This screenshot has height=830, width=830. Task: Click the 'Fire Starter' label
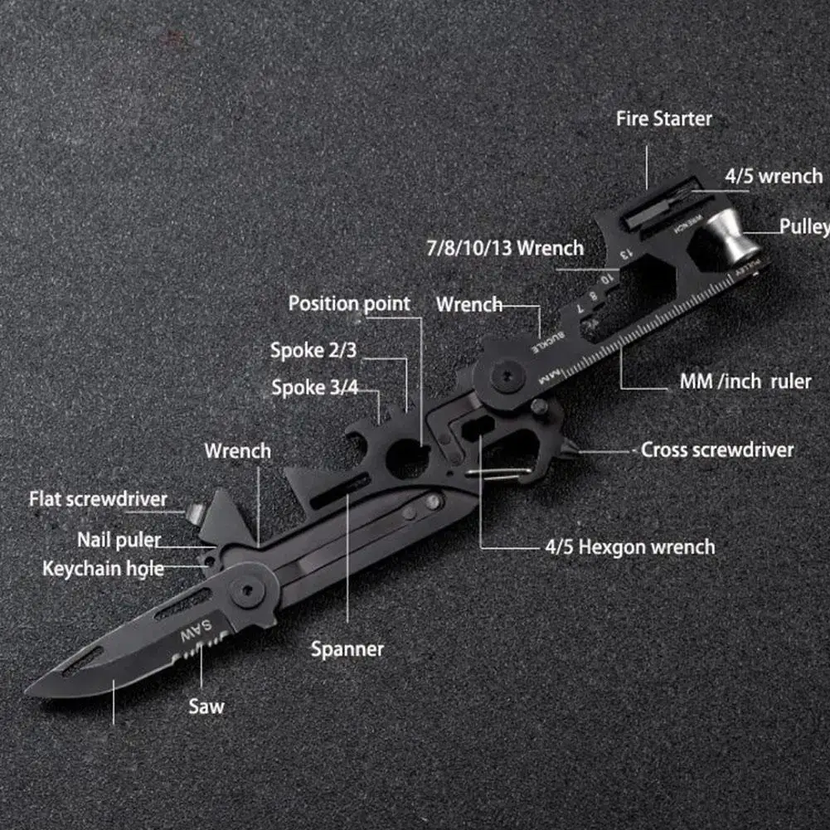click(663, 119)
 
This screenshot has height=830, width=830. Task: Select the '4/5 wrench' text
click(773, 176)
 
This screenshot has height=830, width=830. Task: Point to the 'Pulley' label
click(803, 226)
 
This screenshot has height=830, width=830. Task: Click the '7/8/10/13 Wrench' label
click(505, 247)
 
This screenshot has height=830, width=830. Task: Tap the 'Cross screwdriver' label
click(717, 449)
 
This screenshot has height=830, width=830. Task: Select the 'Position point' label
click(349, 303)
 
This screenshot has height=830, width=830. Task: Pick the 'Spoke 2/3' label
click(313, 350)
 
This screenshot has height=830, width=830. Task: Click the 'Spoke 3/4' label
click(314, 387)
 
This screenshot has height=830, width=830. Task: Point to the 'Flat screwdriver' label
click(98, 499)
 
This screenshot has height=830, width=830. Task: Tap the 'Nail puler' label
click(119, 540)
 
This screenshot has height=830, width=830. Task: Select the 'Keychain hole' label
click(103, 569)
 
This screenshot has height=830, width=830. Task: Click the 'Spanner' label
click(347, 648)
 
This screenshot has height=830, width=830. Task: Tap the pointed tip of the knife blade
click(30, 690)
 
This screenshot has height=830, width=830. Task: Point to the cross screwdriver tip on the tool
click(572, 452)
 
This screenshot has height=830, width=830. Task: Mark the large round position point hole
click(408, 459)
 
